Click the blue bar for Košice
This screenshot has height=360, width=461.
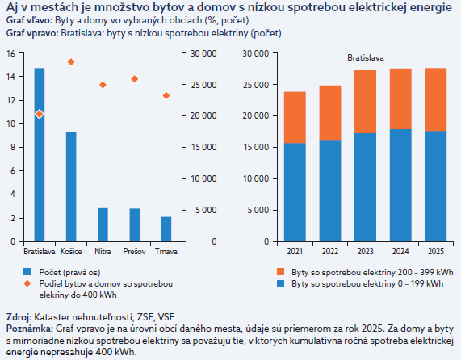71,187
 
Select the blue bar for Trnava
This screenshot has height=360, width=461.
166,229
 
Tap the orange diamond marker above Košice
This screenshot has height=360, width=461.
71,62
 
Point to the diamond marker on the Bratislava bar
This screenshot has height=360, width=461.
40,114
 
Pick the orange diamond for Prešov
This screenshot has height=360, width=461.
135,79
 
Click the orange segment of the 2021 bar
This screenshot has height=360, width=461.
295,118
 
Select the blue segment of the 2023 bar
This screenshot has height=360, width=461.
365,187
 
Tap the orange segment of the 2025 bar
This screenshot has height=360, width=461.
436,99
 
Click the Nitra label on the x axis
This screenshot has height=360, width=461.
103,252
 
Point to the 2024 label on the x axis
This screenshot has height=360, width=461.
400,252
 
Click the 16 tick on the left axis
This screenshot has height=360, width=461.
10,53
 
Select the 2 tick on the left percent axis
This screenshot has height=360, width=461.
13,219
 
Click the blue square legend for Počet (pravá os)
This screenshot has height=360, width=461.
27,272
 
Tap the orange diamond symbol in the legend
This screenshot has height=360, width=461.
27,283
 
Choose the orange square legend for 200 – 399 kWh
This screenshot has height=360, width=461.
281,272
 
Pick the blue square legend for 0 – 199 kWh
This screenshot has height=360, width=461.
281,283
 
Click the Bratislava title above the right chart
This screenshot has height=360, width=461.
366,57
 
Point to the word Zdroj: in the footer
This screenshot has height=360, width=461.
19,317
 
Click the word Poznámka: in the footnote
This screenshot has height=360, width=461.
29,329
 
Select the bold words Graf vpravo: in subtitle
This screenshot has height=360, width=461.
32,33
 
